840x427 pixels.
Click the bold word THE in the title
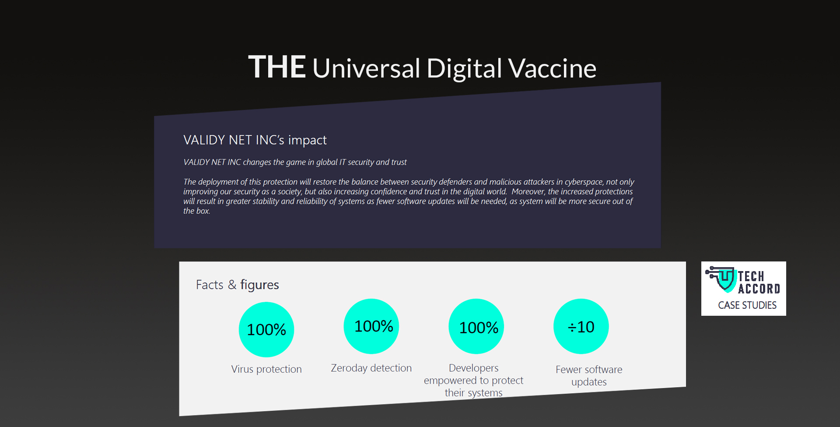(277, 67)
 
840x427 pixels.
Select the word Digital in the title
(464, 69)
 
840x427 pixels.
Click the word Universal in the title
(366, 68)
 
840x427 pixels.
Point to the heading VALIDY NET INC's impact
(255, 140)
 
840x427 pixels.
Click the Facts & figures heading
(238, 285)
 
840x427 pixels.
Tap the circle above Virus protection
(266, 329)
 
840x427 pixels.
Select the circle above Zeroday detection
(371, 326)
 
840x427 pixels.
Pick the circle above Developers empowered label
(476, 326)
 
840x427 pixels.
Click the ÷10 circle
(581, 326)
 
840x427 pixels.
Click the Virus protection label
(266, 369)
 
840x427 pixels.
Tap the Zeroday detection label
(371, 368)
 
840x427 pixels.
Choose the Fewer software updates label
(589, 376)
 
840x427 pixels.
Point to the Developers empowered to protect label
(473, 380)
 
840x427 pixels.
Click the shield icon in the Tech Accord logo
(726, 279)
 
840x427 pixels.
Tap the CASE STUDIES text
(747, 305)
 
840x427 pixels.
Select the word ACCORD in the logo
(759, 289)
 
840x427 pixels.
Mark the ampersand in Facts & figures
(232, 285)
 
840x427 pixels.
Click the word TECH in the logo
(751, 276)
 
